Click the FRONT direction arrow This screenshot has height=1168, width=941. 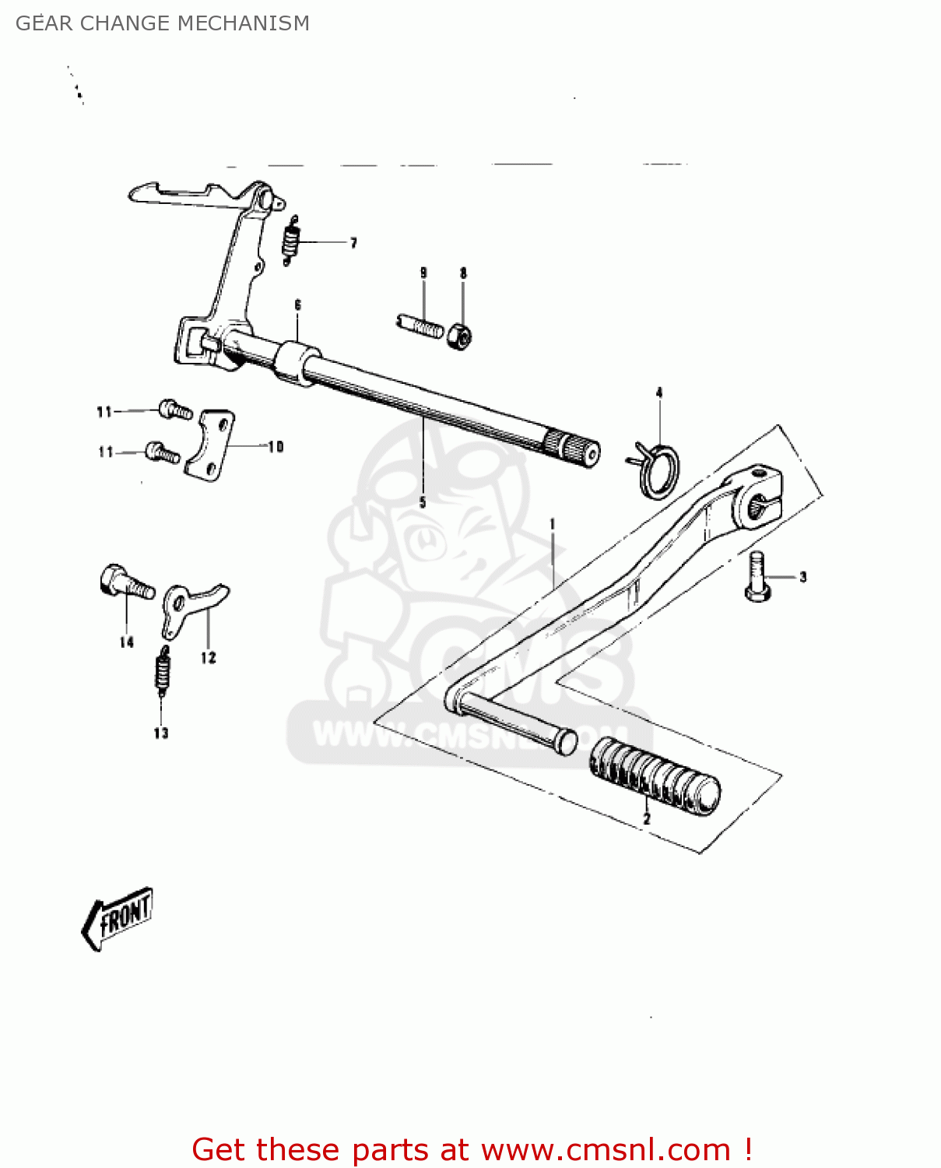click(x=118, y=918)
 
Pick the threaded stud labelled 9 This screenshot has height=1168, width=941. click(x=420, y=325)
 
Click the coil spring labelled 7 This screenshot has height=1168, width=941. click(x=290, y=240)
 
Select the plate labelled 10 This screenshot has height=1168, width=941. click(x=211, y=445)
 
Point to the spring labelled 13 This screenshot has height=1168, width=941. click(x=163, y=671)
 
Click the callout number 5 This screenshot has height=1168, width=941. click(x=423, y=502)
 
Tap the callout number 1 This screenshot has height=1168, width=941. click(x=553, y=524)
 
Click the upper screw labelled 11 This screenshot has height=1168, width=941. click(x=175, y=409)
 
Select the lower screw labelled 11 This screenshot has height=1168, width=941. click(x=163, y=452)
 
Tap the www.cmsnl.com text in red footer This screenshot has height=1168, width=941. click(x=606, y=1149)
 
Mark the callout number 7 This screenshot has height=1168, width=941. click(x=353, y=243)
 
